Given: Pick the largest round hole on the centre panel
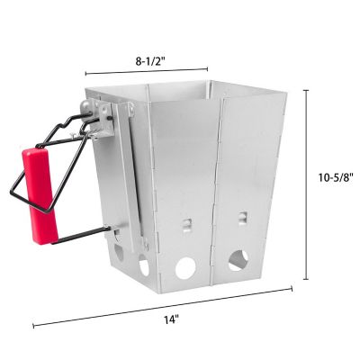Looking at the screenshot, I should [184, 268].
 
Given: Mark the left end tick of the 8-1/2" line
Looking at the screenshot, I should [85, 73].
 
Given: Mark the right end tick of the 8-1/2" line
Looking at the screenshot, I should [208, 67].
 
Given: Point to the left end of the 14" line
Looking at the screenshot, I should [33, 326].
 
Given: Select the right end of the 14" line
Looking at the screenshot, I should [293, 288].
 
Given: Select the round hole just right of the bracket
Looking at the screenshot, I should [144, 265].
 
